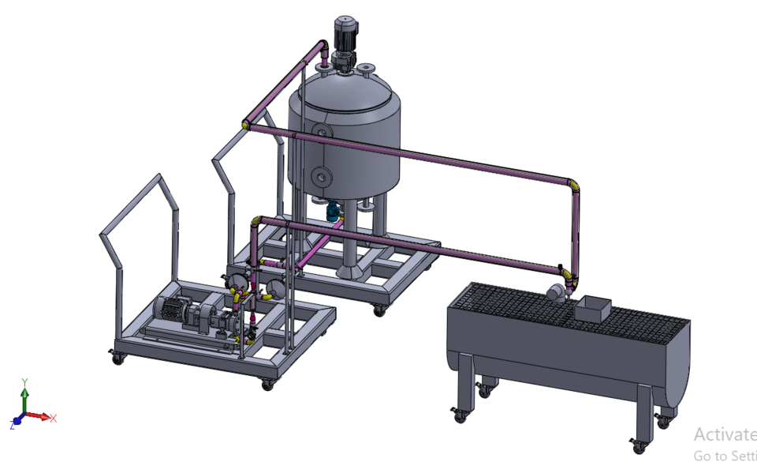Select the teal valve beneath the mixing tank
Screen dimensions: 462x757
pyautogui.click(x=334, y=211)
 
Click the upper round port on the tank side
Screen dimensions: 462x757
pyautogui.click(x=320, y=130)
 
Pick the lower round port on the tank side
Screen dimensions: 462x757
pyautogui.click(x=319, y=174)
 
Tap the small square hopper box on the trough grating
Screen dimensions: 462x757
pyautogui.click(x=594, y=308)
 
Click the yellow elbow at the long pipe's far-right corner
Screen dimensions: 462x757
pyautogui.click(x=576, y=186)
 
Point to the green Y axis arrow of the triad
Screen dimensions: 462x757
pyautogui.click(x=24, y=391)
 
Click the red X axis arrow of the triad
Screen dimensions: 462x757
pyautogui.click(x=46, y=417)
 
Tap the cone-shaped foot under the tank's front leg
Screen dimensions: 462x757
pyautogui.click(x=349, y=272)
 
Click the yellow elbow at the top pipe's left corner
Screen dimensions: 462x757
pyautogui.click(x=247, y=124)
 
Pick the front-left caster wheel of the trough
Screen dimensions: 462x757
pyautogui.click(x=457, y=414)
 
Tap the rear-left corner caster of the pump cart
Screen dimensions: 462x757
pyautogui.click(x=118, y=358)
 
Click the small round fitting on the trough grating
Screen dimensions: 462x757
pyautogui.click(x=556, y=293)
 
